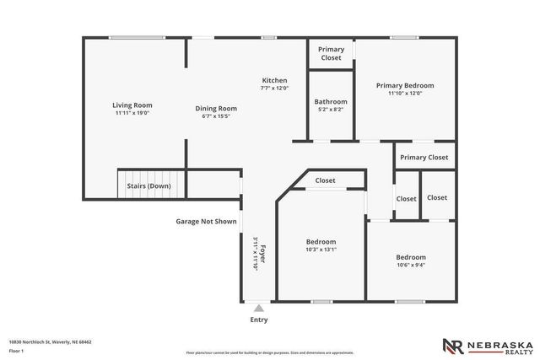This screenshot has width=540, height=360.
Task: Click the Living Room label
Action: pyautogui.click(x=132, y=105)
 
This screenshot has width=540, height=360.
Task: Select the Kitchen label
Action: pyautogui.click(x=274, y=81)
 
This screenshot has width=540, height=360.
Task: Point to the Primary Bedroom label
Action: pyautogui.click(x=405, y=85)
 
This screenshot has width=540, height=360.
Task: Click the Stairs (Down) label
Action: pyautogui.click(x=148, y=185)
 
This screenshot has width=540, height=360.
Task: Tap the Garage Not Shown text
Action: pyautogui.click(x=206, y=222)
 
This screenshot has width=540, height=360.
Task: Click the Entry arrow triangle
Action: pyautogui.click(x=259, y=308)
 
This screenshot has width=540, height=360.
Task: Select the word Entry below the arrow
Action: pyautogui.click(x=259, y=320)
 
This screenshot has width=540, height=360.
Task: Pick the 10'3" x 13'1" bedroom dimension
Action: pyautogui.click(x=321, y=250)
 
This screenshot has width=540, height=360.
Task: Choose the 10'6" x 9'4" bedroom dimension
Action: pyautogui.click(x=411, y=265)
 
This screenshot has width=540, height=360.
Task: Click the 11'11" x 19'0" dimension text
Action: pyautogui.click(x=132, y=113)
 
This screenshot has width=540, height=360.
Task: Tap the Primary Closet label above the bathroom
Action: pyautogui.click(x=331, y=54)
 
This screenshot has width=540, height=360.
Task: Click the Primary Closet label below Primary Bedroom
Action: pyautogui.click(x=424, y=158)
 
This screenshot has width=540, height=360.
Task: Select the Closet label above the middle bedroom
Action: pyautogui.click(x=325, y=180)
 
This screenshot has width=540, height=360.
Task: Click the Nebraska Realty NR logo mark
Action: pyautogui.click(x=452, y=346)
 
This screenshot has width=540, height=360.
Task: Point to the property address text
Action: pyautogui.click(x=50, y=341)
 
